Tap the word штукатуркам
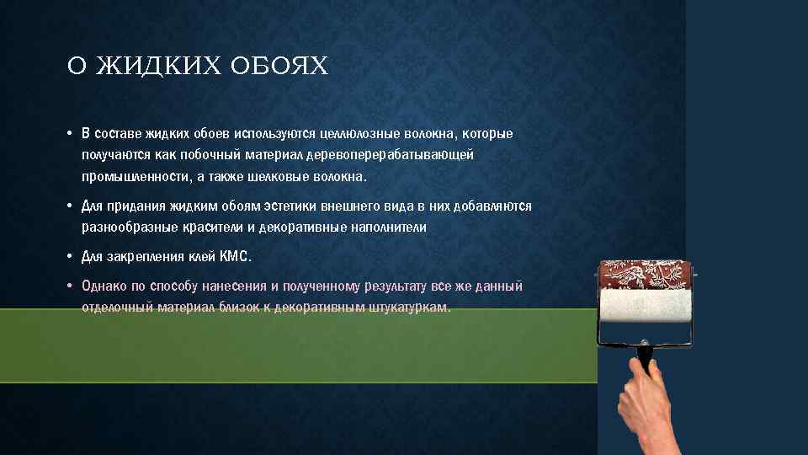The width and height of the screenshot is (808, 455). click(410, 308)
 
